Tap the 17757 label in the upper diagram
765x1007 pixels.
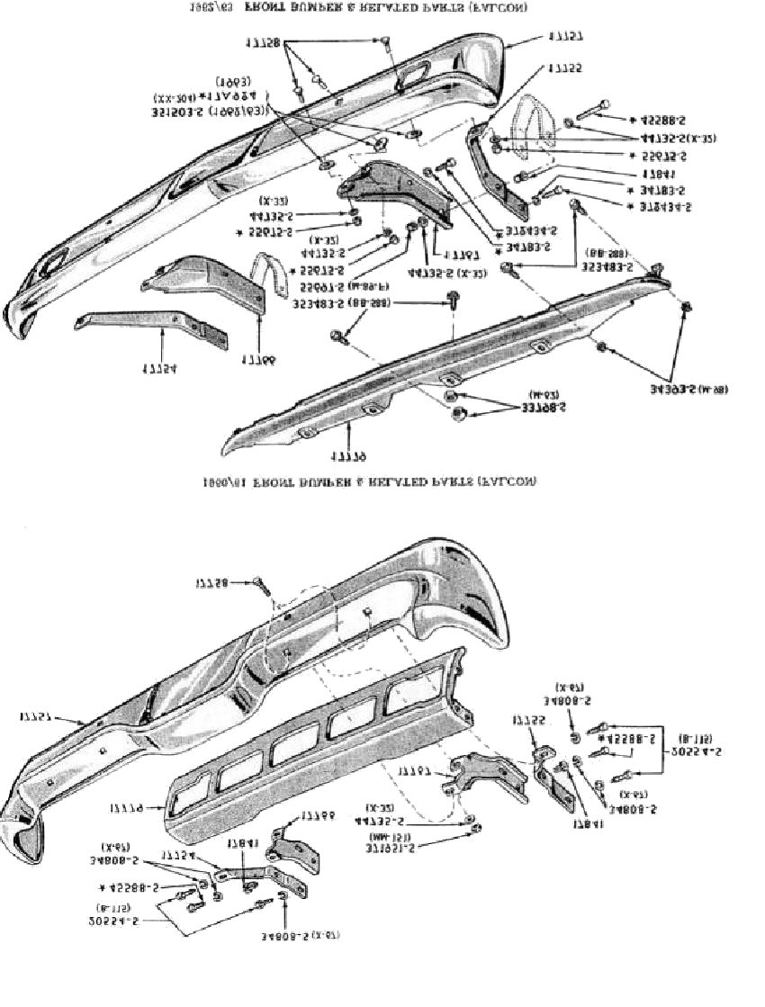pyautogui.click(x=564, y=37)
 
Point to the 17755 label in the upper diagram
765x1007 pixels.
pyautogui.click(x=564, y=68)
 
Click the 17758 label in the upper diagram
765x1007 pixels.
pyautogui.click(x=262, y=42)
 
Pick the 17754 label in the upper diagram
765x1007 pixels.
pyautogui.click(x=157, y=368)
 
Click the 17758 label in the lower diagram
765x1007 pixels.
pyautogui.click(x=213, y=584)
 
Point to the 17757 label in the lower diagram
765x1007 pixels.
pyautogui.click(x=39, y=717)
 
